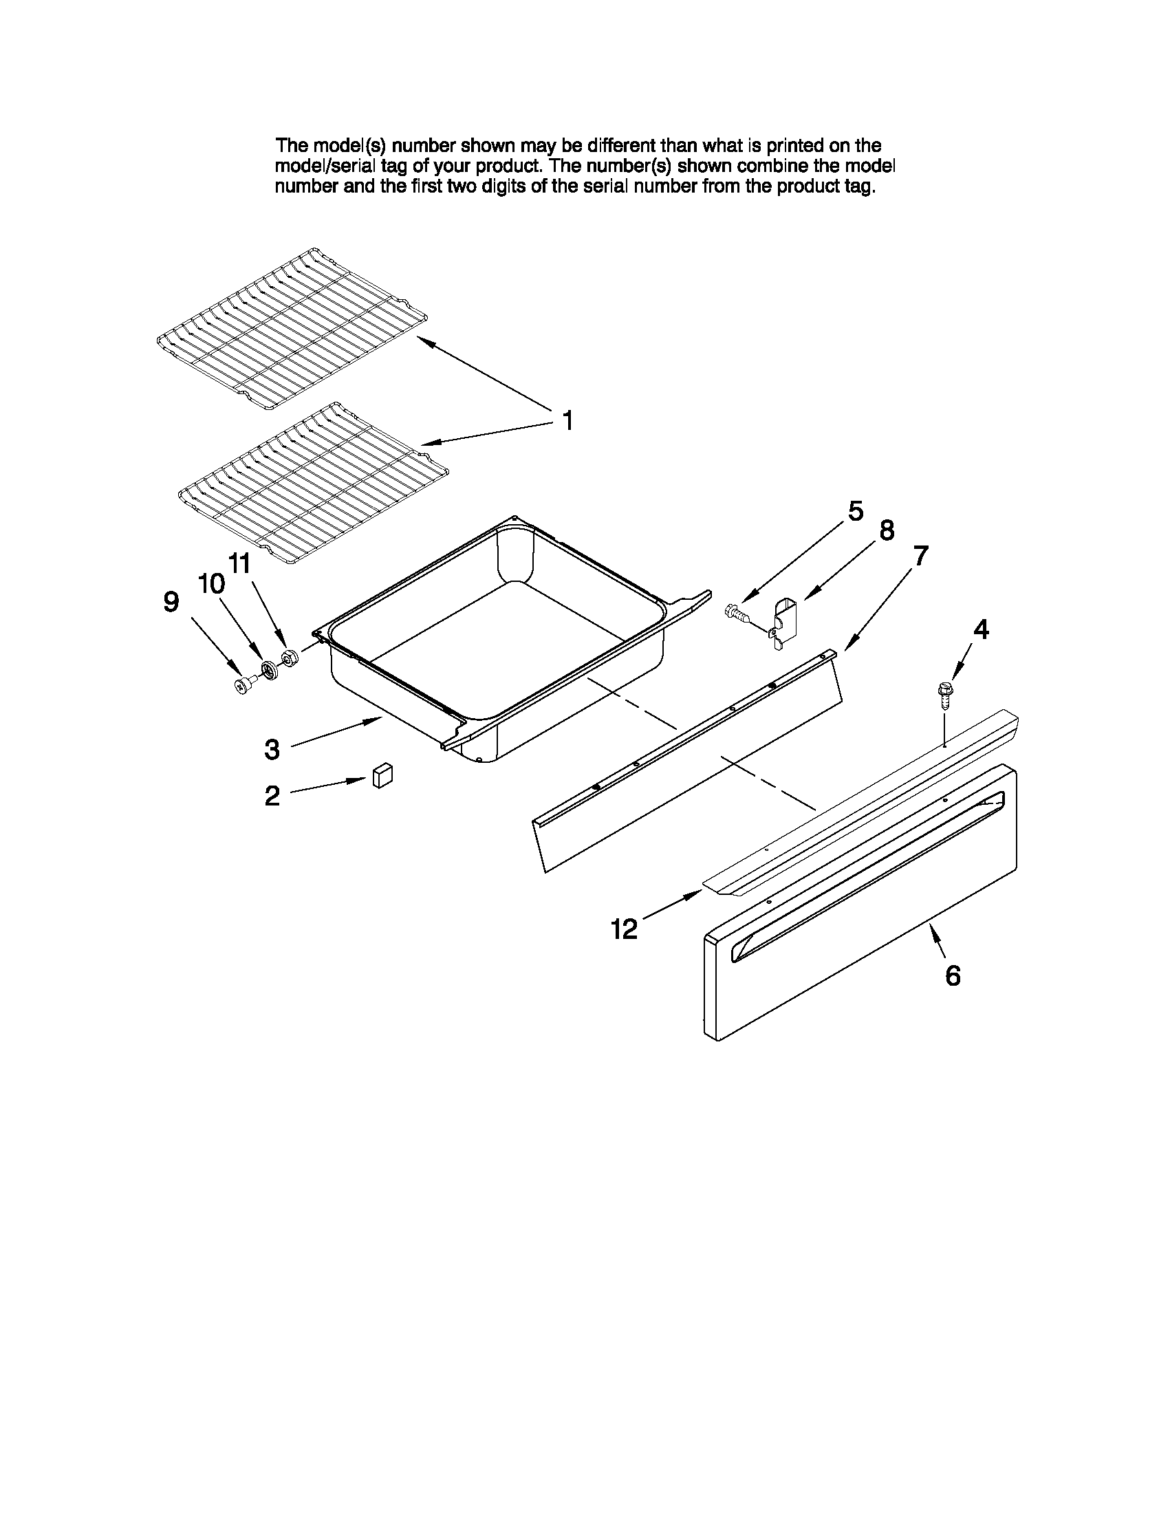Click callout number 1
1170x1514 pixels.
pos(567,421)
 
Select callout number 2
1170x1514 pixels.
pos(272,796)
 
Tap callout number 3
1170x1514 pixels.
pos(272,749)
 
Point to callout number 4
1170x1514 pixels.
pos(980,629)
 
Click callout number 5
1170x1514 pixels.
pos(856,511)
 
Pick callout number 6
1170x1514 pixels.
pos(953,976)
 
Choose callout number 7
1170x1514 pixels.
pos(920,555)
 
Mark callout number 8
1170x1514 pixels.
pos(887,530)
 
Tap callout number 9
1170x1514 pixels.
pos(171,601)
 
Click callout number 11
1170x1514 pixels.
pos(239,564)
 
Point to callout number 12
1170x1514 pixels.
pos(624,929)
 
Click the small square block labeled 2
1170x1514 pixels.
pos(382,775)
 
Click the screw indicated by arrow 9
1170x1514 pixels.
pos(243,686)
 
